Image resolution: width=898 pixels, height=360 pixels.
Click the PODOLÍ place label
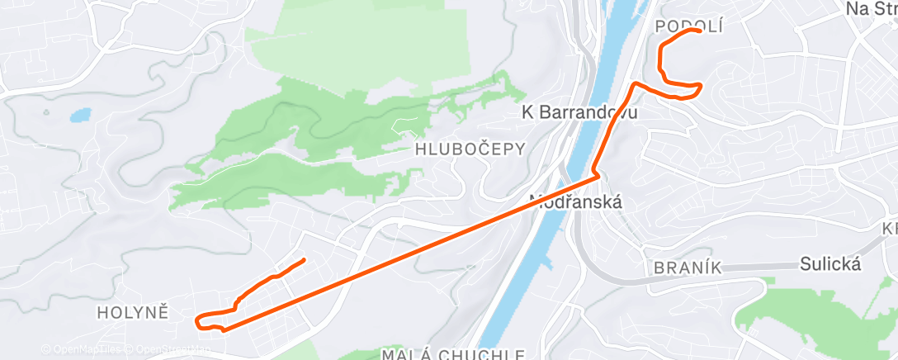coord(688,26)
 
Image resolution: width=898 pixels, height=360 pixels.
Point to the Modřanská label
coord(575,201)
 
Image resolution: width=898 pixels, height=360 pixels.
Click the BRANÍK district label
coord(688,267)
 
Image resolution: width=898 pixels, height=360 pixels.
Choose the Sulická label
coord(830,264)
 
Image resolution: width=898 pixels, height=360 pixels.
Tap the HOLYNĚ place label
coord(133,312)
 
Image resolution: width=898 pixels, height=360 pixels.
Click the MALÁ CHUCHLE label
coord(453,354)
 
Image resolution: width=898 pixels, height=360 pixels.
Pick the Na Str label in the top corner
coord(871,8)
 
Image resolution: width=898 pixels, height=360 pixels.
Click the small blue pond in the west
coord(80,115)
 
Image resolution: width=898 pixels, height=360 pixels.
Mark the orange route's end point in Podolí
coord(699,31)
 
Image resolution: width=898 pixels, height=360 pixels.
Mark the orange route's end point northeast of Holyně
coord(305,260)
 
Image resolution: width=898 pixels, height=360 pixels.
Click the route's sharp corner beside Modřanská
coord(597,176)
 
